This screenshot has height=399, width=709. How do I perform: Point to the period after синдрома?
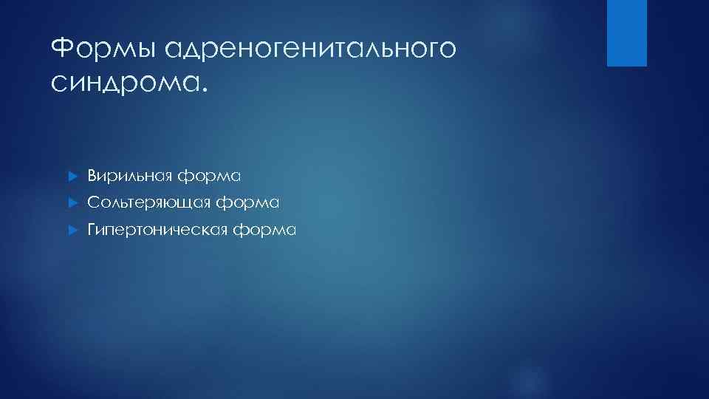[205, 90]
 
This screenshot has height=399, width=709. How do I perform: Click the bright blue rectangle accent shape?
[626, 33]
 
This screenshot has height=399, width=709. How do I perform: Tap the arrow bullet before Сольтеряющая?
[72, 202]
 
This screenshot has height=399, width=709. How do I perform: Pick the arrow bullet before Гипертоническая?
[72, 231]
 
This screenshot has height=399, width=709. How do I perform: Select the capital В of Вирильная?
[92, 175]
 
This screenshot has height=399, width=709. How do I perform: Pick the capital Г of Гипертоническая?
[92, 230]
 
